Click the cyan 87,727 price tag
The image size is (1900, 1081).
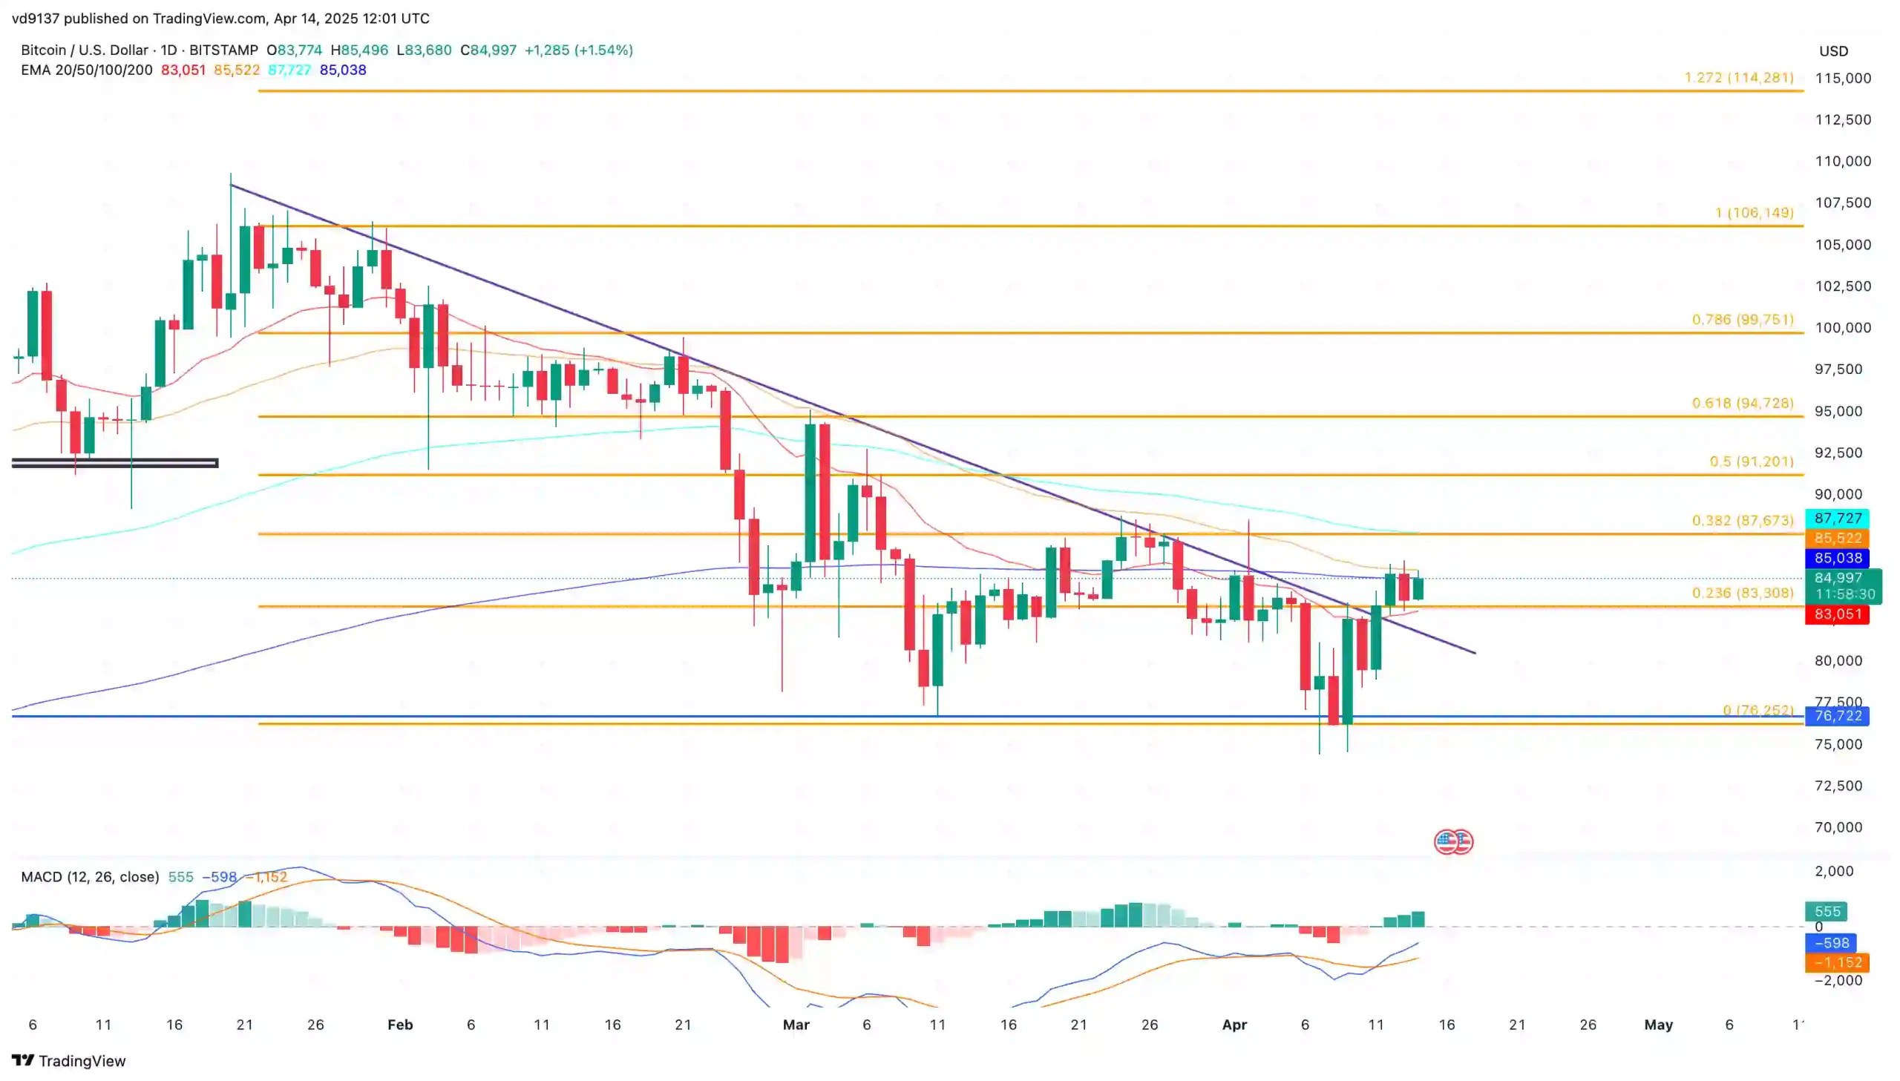pos(1837,518)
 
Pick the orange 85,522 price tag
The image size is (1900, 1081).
pos(1837,537)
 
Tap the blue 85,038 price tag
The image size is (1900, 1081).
pos(1837,558)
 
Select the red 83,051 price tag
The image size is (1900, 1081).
pos(1837,614)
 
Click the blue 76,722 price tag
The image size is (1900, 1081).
pos(1837,716)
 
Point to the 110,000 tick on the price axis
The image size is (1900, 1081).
pos(1843,161)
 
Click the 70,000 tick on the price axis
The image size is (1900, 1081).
pos(1838,827)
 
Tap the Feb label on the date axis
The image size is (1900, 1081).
pos(400,1025)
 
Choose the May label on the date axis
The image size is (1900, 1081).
pos(1658,1025)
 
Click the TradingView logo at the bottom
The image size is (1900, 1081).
pos(69,1060)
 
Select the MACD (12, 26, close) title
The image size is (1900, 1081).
pos(90,877)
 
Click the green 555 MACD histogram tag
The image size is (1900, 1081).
pos(1827,911)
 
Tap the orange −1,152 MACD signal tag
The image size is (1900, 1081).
pos(1837,962)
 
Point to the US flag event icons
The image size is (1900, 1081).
pos(1453,841)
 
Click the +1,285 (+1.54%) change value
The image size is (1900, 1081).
pos(578,50)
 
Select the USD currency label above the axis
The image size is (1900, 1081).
pos(1833,51)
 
